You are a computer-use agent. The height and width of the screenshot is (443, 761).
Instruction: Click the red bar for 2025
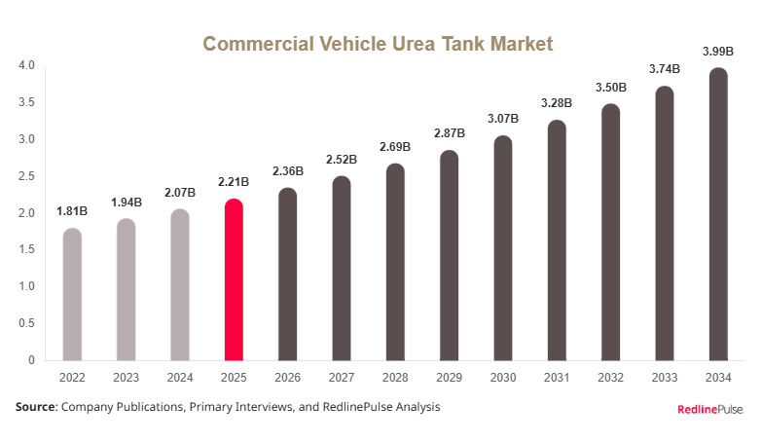[234, 280]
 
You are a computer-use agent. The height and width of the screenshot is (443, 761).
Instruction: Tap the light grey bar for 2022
[72, 295]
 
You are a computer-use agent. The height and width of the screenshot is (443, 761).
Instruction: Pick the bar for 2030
[502, 248]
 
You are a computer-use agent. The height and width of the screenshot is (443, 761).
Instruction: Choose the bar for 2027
[341, 269]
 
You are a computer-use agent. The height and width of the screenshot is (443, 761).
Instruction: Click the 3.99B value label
[717, 51]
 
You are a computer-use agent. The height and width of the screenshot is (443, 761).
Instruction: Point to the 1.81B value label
[72, 211]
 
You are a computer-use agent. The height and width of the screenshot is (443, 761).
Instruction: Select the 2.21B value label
[234, 182]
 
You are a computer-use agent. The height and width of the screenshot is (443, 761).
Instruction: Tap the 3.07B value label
[502, 119]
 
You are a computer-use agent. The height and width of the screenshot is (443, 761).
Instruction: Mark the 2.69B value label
[395, 147]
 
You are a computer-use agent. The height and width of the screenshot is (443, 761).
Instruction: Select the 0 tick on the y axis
[31, 360]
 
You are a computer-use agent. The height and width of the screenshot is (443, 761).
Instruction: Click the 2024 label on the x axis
[180, 377]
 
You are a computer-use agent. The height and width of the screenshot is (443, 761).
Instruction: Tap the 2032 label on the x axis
[609, 377]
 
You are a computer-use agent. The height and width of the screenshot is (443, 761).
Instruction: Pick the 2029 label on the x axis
[449, 377]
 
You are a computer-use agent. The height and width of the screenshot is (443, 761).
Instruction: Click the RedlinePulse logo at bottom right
[709, 409]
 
